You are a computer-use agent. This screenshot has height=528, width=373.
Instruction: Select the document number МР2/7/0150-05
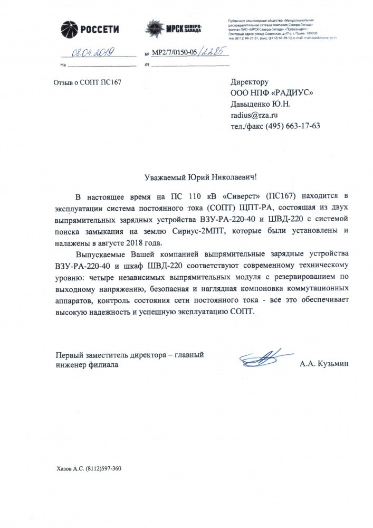(177, 54)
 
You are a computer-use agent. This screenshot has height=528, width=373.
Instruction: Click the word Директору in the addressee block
(250, 83)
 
